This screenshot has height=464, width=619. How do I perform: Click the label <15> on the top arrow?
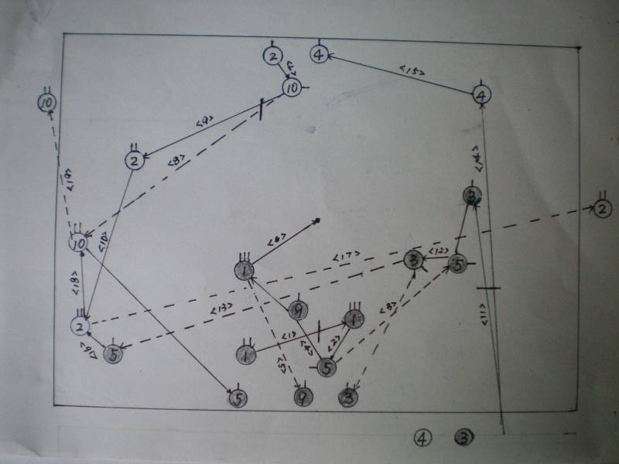coord(409,71)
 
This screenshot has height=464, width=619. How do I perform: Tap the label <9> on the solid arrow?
coord(204,122)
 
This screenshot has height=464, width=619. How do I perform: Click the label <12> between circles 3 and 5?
coord(438,251)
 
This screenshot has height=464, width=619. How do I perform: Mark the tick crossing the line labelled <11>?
coord(491,288)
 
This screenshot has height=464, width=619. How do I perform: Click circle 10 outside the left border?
coord(46,102)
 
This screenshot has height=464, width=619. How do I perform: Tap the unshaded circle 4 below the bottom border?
coord(422,438)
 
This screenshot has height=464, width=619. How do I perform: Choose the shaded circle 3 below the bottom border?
coord(463,438)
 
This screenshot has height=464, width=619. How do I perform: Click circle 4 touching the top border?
coord(320,54)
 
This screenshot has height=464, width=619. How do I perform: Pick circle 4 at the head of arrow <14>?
coord(481,95)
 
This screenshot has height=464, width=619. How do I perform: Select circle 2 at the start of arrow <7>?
coord(272,56)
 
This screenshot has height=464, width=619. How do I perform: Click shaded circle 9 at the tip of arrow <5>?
coord(303,397)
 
